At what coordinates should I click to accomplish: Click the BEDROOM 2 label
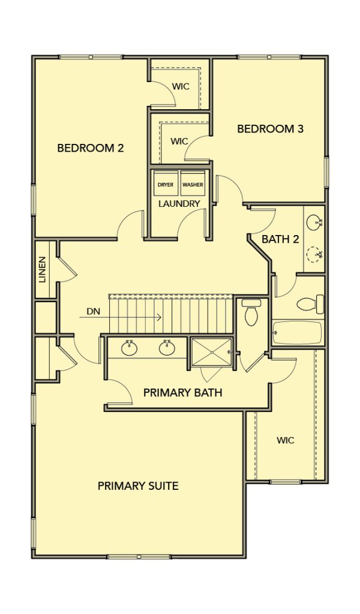click(x=90, y=148)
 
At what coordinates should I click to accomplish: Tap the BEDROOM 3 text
click(x=270, y=128)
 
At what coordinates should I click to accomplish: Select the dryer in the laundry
click(x=166, y=183)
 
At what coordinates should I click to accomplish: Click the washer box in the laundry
click(x=193, y=183)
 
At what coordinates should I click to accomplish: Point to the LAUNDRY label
click(x=179, y=204)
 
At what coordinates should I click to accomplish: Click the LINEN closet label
click(x=43, y=269)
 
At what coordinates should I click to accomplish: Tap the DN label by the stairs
click(x=93, y=312)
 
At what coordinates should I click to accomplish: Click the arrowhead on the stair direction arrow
click(x=160, y=317)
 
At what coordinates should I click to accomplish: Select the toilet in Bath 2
click(x=311, y=304)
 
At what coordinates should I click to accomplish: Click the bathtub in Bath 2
click(x=298, y=333)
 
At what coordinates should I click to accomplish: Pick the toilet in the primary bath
click(x=250, y=312)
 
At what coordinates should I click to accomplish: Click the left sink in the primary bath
click(x=129, y=348)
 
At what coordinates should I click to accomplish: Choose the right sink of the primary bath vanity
click(x=167, y=348)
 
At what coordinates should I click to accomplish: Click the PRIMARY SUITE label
click(x=138, y=486)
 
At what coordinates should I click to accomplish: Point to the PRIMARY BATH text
click(x=182, y=392)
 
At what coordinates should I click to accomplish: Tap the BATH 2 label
click(x=280, y=239)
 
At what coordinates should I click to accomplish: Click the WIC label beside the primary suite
click(x=285, y=441)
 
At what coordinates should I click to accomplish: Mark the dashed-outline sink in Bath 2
click(x=314, y=254)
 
